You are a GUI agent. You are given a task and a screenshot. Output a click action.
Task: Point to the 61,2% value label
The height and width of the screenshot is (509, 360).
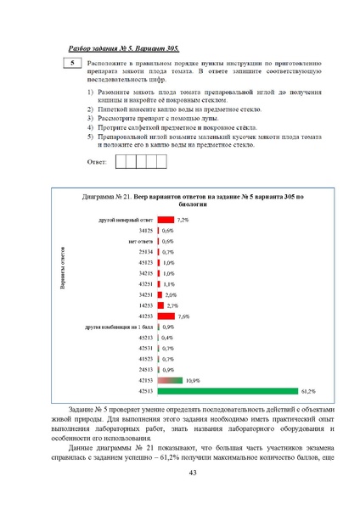[307, 391]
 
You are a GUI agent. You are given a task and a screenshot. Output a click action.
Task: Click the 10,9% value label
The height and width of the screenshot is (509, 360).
[193, 381]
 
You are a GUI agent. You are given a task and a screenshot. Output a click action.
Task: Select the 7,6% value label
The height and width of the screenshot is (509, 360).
[183, 316]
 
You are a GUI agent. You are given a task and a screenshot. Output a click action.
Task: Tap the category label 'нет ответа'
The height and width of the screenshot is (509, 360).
[140, 241]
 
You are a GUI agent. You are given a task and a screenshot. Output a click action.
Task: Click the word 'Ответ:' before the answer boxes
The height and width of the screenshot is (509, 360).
[98, 162]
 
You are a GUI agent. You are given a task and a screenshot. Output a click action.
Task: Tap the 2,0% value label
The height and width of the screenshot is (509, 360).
[170, 294]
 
